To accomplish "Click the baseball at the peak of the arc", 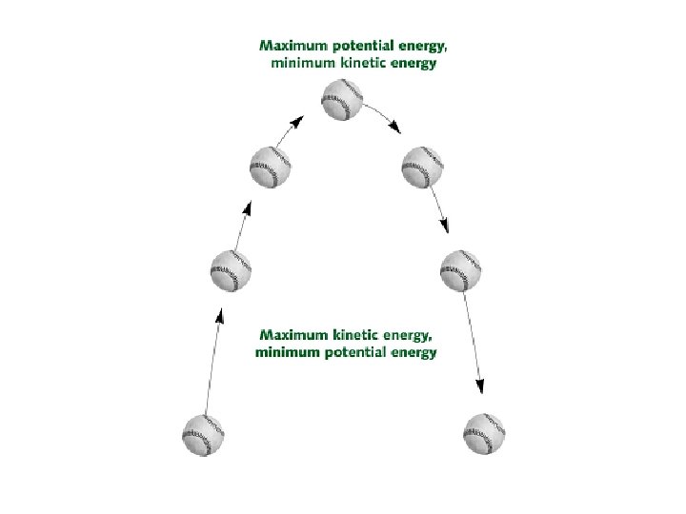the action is click(342, 100).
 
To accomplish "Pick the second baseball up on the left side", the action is click(231, 271).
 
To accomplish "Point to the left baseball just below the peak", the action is click(270, 168).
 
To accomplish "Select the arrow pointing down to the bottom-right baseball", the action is click(474, 343).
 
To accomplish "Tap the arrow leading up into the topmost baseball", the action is click(293, 130).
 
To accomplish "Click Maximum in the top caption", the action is click(292, 45).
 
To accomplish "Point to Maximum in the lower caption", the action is click(293, 335).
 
